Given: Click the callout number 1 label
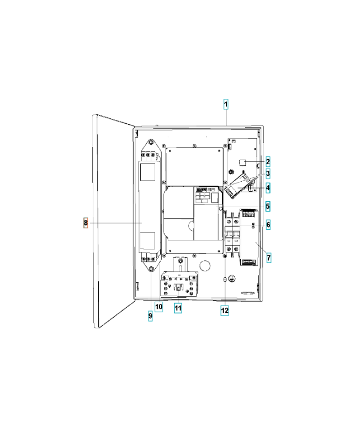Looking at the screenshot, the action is [226, 104].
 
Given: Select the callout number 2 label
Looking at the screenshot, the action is [268, 162].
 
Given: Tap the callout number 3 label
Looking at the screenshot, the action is [268, 173].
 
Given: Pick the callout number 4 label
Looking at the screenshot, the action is [268, 188].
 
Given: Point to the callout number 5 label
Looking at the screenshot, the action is [268, 206].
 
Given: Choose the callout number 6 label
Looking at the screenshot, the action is [268, 224].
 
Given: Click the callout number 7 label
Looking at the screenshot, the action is [269, 257].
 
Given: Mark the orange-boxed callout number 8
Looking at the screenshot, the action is [86, 223].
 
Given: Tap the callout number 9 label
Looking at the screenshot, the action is [150, 315].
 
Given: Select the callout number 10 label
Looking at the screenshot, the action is [159, 307].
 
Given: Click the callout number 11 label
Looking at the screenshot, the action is [178, 308].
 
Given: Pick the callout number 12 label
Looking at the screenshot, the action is [225, 311].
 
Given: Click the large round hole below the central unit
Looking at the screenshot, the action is [205, 265].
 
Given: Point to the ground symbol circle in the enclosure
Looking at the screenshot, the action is [232, 278].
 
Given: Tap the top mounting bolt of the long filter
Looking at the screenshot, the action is [151, 143].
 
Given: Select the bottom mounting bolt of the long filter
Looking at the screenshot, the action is [151, 269].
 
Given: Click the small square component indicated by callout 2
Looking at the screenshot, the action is [242, 162].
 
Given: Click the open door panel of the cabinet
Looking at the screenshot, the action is [114, 222].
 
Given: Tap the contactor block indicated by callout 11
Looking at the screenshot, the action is [179, 285].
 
